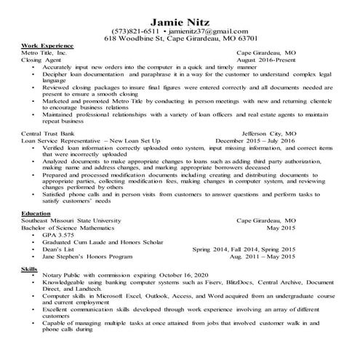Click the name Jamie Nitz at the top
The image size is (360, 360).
[x=180, y=17]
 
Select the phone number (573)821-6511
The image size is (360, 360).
[x=136, y=31]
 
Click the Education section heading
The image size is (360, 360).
[x=36, y=213]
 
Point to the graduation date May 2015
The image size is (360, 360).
[x=281, y=228]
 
